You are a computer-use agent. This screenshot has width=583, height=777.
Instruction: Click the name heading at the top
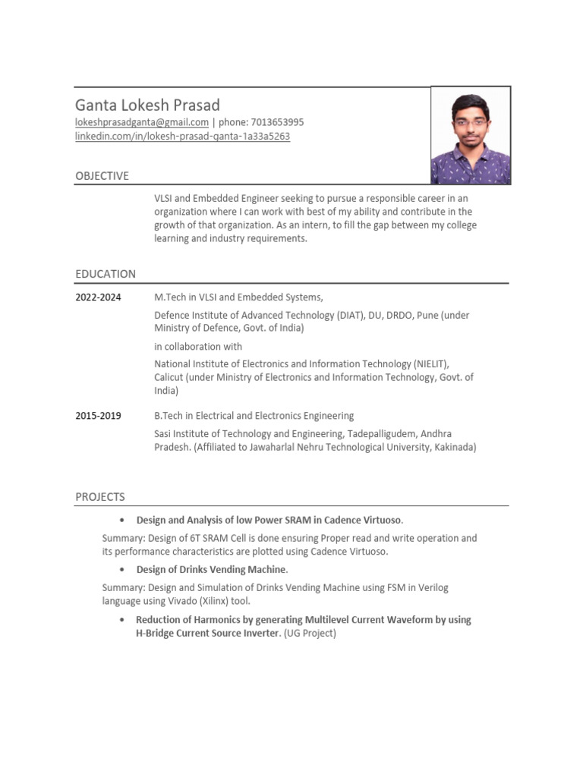coord(147,105)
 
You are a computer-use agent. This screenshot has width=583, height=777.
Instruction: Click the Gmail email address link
coord(142,122)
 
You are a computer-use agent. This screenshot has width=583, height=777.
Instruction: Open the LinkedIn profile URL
coord(182,137)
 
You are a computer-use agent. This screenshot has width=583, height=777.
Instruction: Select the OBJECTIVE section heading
coord(102,176)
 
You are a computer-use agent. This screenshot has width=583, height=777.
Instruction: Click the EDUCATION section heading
coord(106,274)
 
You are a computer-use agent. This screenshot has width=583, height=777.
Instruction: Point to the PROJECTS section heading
coord(100,497)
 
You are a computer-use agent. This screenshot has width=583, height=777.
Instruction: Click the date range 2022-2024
coord(98,297)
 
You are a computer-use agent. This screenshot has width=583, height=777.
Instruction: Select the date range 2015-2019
coord(98,416)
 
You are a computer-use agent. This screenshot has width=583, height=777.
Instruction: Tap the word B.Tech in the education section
coord(169,416)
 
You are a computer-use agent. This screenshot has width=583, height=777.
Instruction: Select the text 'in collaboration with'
coord(198,347)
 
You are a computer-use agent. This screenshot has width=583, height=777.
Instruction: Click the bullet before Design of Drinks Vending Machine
coord(122,570)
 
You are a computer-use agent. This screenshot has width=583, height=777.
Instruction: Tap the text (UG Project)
coord(310,633)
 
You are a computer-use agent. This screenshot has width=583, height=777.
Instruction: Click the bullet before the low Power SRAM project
coord(122,521)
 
